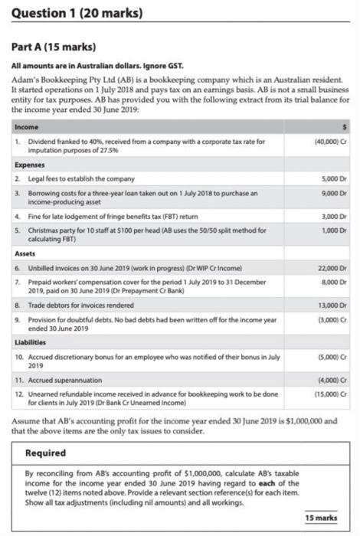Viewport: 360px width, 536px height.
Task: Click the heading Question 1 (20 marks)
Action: [73, 13]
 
